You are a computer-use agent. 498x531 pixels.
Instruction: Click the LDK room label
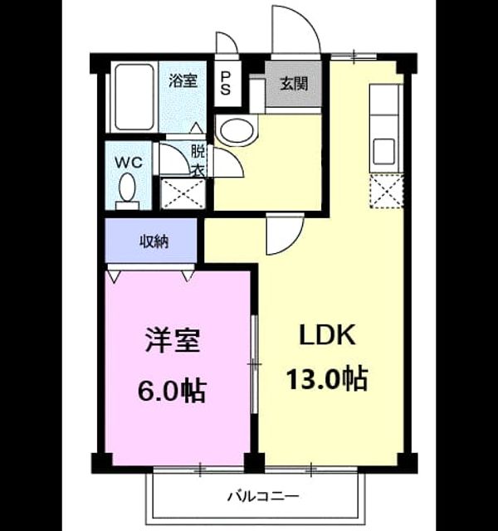point(328,335)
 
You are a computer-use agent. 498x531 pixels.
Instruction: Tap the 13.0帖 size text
point(327,378)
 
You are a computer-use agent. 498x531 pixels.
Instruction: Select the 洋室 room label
point(173,340)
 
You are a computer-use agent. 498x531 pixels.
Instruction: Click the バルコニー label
point(263,497)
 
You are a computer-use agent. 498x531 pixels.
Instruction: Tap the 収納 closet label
point(154,241)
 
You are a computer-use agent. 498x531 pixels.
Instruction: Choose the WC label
point(129,163)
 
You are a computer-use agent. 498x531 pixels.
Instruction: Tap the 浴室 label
point(183,81)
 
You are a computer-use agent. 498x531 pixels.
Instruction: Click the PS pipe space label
point(226,83)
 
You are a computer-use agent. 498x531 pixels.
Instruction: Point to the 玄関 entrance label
point(294,84)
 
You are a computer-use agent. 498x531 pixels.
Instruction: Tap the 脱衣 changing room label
point(198,160)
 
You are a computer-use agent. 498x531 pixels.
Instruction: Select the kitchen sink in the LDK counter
point(383,151)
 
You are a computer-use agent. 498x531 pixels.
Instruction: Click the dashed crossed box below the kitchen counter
point(386,191)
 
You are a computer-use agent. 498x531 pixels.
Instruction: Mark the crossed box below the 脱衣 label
point(183,193)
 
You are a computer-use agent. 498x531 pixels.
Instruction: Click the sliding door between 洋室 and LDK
point(255,364)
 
